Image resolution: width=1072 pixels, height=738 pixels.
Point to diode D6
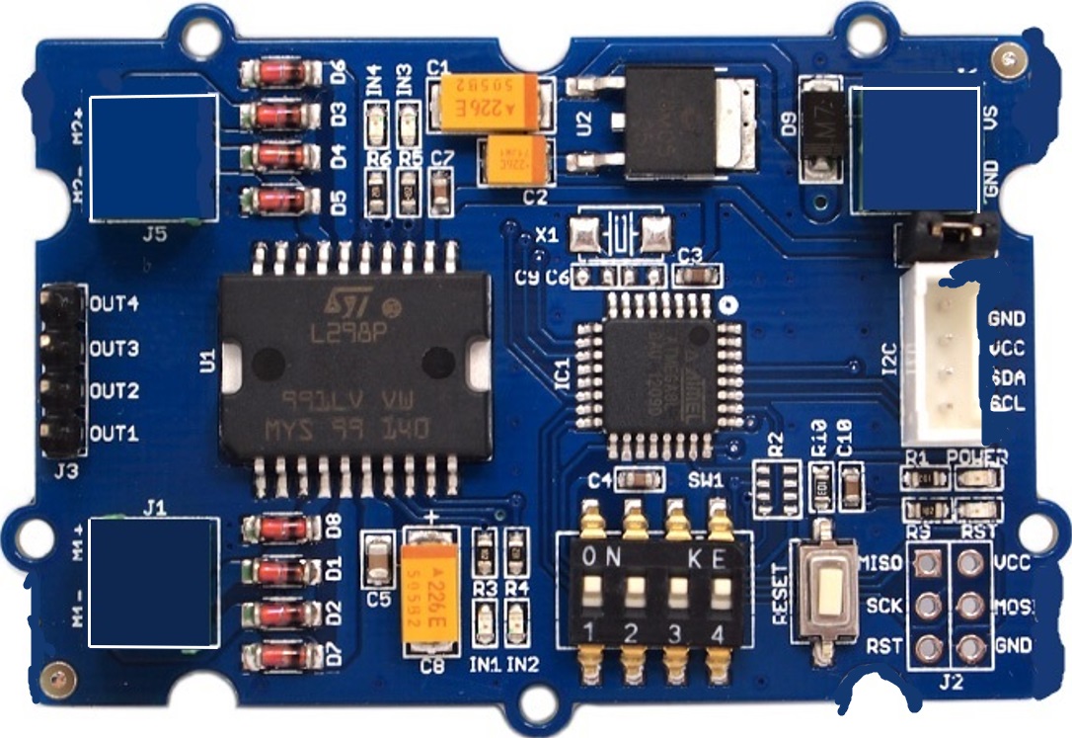pos(281,71)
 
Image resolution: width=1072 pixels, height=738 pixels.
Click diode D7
pos(281,653)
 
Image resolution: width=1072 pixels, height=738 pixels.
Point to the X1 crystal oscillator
pos(619,236)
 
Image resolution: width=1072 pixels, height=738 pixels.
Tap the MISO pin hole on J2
pos(926,563)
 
